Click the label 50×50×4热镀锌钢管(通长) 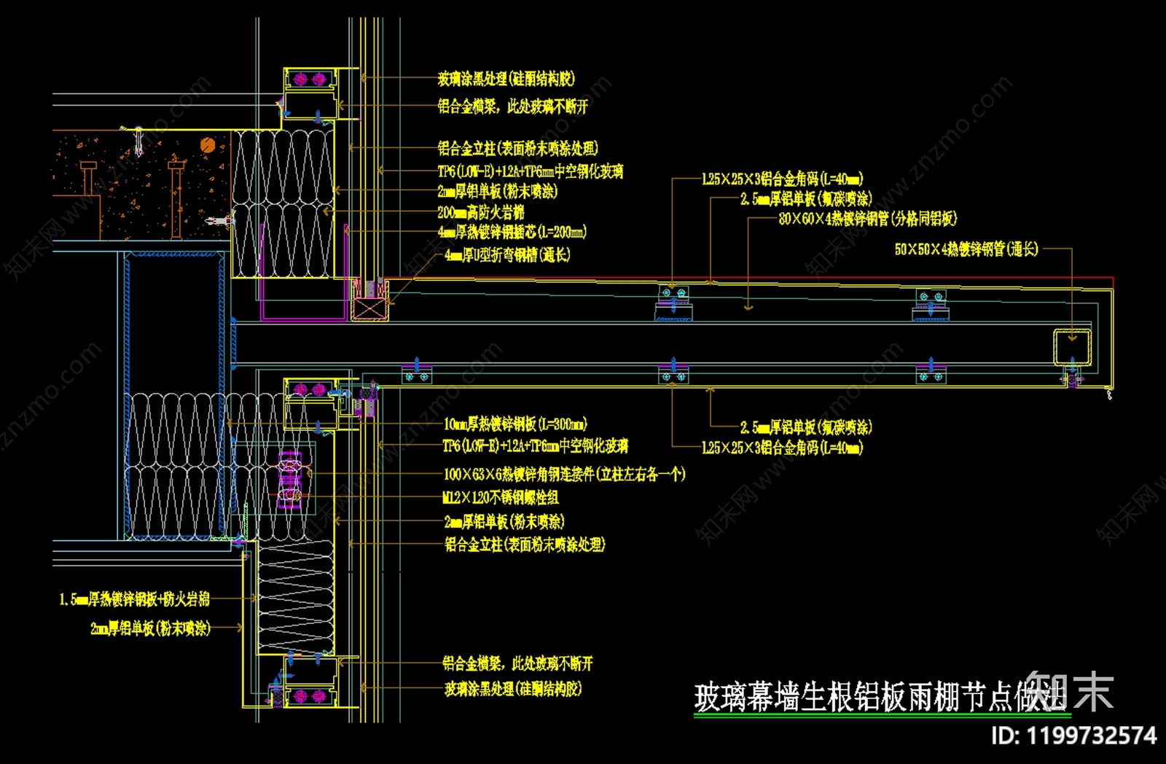(x=966, y=249)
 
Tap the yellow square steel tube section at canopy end (x=1072, y=347)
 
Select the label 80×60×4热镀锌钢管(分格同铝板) (x=867, y=219)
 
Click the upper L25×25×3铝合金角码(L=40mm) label (x=782, y=179)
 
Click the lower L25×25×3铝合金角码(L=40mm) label (x=782, y=448)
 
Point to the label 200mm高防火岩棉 (x=480, y=212)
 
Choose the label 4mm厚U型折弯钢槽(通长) (x=507, y=255)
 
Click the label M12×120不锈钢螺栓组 (x=501, y=498)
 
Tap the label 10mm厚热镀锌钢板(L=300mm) (x=514, y=424)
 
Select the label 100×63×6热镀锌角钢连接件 (x=564, y=475)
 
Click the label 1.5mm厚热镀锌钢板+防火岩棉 (x=135, y=599)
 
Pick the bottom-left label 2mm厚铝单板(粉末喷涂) (x=150, y=628)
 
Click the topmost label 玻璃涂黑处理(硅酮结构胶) (x=506, y=79)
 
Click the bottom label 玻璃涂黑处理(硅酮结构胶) (x=513, y=689)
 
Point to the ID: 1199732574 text (x=1073, y=735)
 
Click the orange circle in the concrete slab (x=208, y=145)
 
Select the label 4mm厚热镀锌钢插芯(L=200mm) (x=512, y=233)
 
